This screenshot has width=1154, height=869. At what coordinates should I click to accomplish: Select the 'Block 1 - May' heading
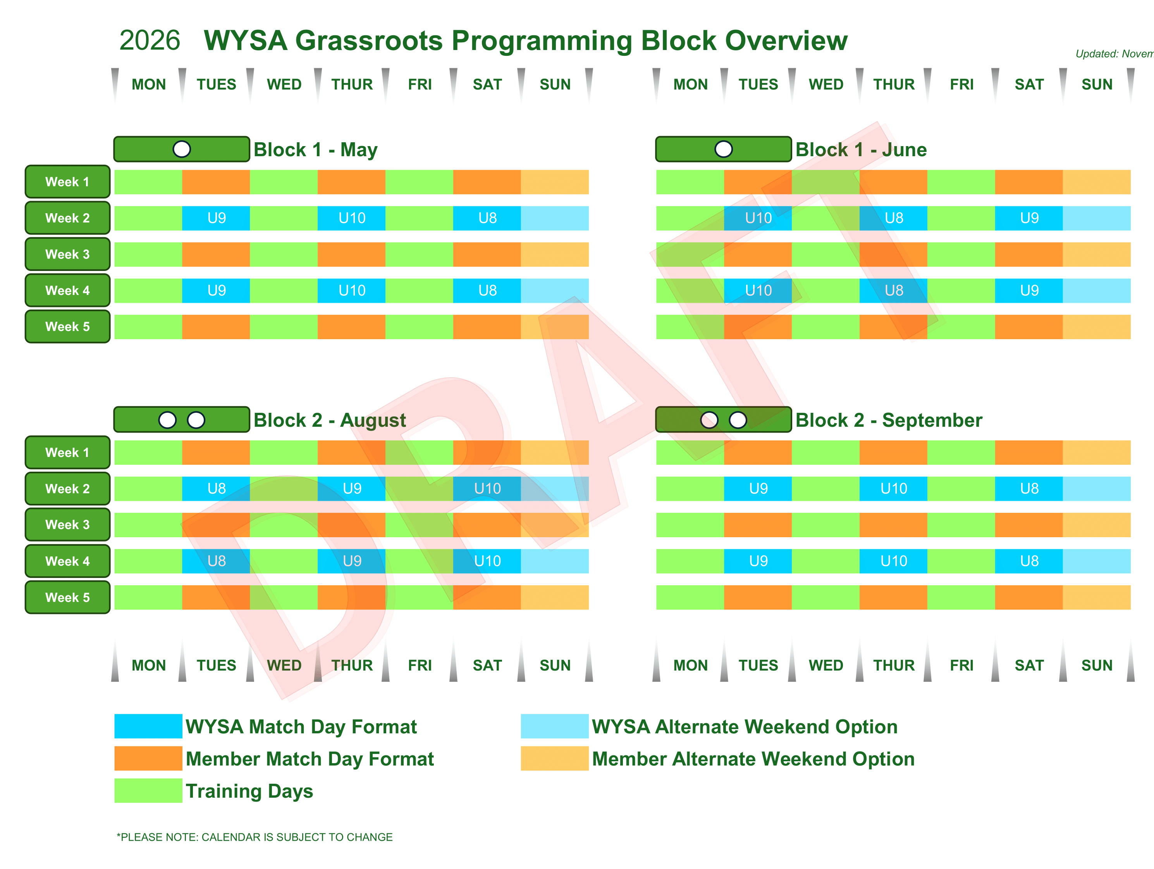pos(315,150)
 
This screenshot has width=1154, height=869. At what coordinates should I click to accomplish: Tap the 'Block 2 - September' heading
pos(889,420)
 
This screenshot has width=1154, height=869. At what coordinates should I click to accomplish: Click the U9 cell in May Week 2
pos(217,218)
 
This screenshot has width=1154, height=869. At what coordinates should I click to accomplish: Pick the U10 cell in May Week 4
pos(352,291)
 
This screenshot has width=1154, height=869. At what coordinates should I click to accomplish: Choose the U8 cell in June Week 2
pos(894,218)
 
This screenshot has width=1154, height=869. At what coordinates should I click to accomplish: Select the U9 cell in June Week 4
pos(1029,291)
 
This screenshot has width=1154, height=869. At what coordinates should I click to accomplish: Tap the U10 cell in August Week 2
pos(487,488)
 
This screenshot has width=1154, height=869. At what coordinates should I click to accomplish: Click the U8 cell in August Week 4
pos(217,561)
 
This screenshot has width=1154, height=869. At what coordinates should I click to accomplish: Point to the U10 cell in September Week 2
pos(894,488)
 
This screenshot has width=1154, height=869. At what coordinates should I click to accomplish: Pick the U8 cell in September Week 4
pos(1029,561)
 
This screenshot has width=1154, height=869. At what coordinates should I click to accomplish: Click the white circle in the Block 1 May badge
pos(182,149)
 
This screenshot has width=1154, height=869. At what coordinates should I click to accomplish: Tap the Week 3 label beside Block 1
pos(67,254)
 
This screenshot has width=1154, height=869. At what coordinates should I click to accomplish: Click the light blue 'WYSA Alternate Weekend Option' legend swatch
pos(555,726)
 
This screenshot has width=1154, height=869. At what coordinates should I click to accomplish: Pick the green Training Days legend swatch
pos(148,790)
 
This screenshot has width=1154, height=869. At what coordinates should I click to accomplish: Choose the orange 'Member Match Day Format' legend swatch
pos(148,759)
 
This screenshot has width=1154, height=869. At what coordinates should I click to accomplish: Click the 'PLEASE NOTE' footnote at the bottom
pos(255,837)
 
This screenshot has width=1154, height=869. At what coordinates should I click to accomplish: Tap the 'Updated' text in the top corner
pos(1113,54)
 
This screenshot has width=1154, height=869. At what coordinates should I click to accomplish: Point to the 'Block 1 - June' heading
pos(861,150)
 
